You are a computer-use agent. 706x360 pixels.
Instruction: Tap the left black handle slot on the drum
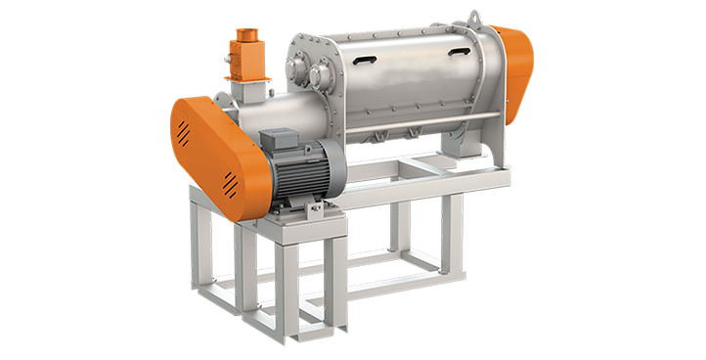(x=363, y=60)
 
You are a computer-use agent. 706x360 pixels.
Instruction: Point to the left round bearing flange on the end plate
(x=297, y=65)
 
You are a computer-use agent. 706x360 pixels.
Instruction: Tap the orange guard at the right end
(x=515, y=68)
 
